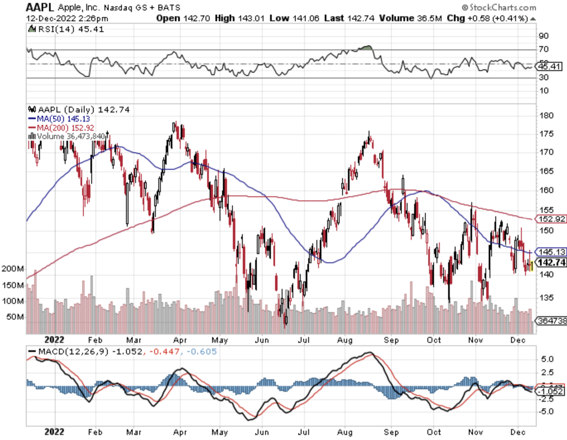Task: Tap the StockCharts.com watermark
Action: click(499, 7)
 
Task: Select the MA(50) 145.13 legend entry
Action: click(59, 119)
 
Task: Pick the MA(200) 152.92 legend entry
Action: click(61, 128)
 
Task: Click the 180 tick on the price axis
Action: click(546, 116)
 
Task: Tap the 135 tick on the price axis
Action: click(546, 298)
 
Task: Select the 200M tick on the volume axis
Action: click(13, 269)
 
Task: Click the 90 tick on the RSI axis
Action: click(544, 36)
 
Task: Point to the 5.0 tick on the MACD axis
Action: click(547, 359)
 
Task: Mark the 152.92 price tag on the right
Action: click(551, 219)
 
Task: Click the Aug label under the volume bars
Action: click(345, 340)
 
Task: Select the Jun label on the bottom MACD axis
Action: click(262, 432)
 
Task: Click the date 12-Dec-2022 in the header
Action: click(51, 18)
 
